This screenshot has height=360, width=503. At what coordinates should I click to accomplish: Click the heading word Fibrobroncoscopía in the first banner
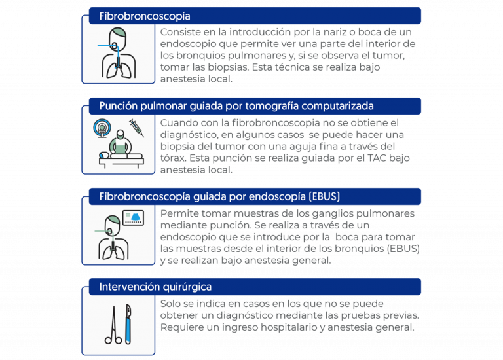144,16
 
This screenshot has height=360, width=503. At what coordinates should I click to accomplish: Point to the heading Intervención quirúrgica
155,287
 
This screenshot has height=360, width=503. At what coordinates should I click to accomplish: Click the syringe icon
137,127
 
